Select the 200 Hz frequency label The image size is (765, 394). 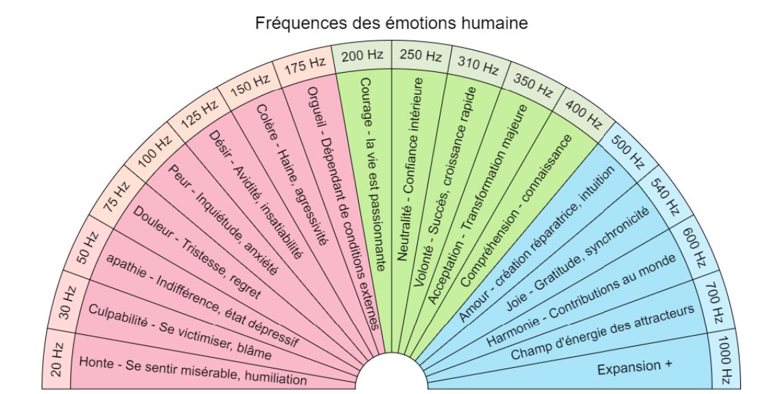point(360,56)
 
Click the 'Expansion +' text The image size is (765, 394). point(633,368)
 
